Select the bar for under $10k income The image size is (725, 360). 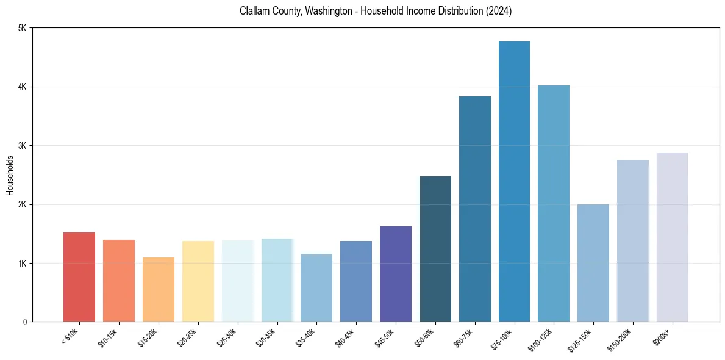click(79, 277)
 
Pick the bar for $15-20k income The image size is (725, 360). click(159, 289)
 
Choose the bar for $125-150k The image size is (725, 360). click(593, 263)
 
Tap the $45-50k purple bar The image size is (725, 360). click(396, 274)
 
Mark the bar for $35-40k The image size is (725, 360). click(316, 287)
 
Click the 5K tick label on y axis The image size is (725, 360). click(22, 28)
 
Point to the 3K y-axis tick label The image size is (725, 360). click(22, 146)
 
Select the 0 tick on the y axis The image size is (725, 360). click(24, 322)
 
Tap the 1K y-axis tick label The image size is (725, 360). click(22, 263)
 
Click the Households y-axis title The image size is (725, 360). click(10, 175)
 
